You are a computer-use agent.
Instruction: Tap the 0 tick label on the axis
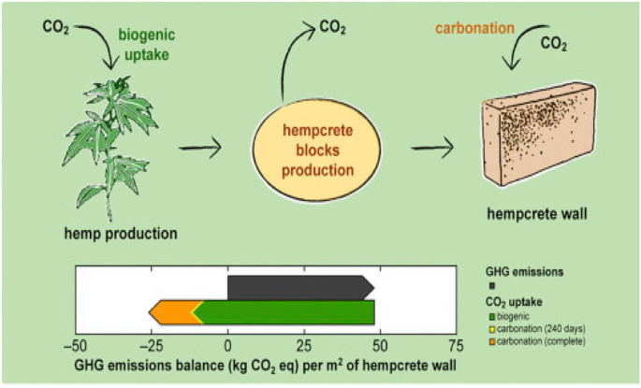[227, 343]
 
